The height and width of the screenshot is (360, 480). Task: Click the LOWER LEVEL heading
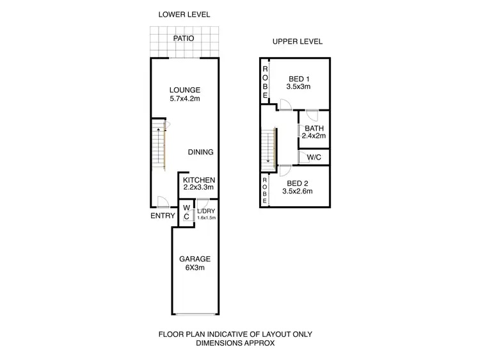click(184, 14)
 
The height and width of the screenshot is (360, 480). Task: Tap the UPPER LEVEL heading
click(297, 42)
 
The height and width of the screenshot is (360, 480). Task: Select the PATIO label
click(184, 38)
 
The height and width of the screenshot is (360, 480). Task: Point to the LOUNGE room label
click(185, 90)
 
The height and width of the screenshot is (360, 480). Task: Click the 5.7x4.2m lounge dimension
click(185, 100)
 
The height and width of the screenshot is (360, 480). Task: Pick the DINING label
click(200, 152)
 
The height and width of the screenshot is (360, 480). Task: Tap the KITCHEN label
click(199, 181)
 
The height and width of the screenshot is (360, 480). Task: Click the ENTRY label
click(163, 216)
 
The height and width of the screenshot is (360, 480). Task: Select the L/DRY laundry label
click(206, 211)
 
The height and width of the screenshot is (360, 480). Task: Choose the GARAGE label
click(195, 259)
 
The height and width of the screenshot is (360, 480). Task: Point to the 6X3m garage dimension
click(195, 268)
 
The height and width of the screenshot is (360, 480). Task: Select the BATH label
click(314, 128)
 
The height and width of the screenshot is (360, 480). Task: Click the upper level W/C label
click(314, 157)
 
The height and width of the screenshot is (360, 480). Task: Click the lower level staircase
click(159, 146)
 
